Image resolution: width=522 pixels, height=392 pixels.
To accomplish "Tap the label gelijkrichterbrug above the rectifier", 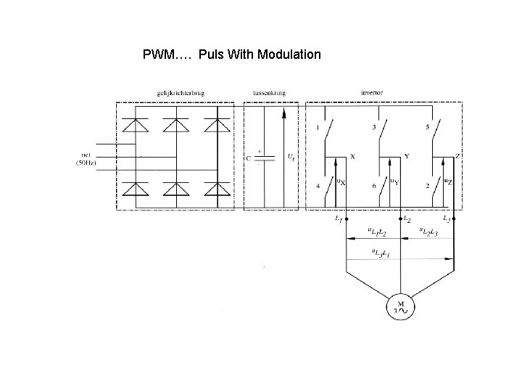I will point(174,94).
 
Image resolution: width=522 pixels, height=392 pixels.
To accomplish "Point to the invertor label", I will point(372,94).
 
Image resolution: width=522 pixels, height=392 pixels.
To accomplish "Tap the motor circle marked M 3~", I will point(399,306).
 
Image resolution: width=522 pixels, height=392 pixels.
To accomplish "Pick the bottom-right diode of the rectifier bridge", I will point(215,189).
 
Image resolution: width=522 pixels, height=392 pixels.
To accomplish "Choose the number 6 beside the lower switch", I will point(375,185).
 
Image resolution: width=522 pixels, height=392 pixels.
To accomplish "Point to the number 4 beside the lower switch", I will point(318,185).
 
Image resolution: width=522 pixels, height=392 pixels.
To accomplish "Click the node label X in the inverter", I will point(352,155).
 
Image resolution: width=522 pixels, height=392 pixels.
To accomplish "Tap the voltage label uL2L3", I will point(430,232).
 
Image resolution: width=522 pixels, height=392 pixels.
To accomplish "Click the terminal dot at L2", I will point(400,217).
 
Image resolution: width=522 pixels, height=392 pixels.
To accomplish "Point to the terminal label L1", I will point(339,219).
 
